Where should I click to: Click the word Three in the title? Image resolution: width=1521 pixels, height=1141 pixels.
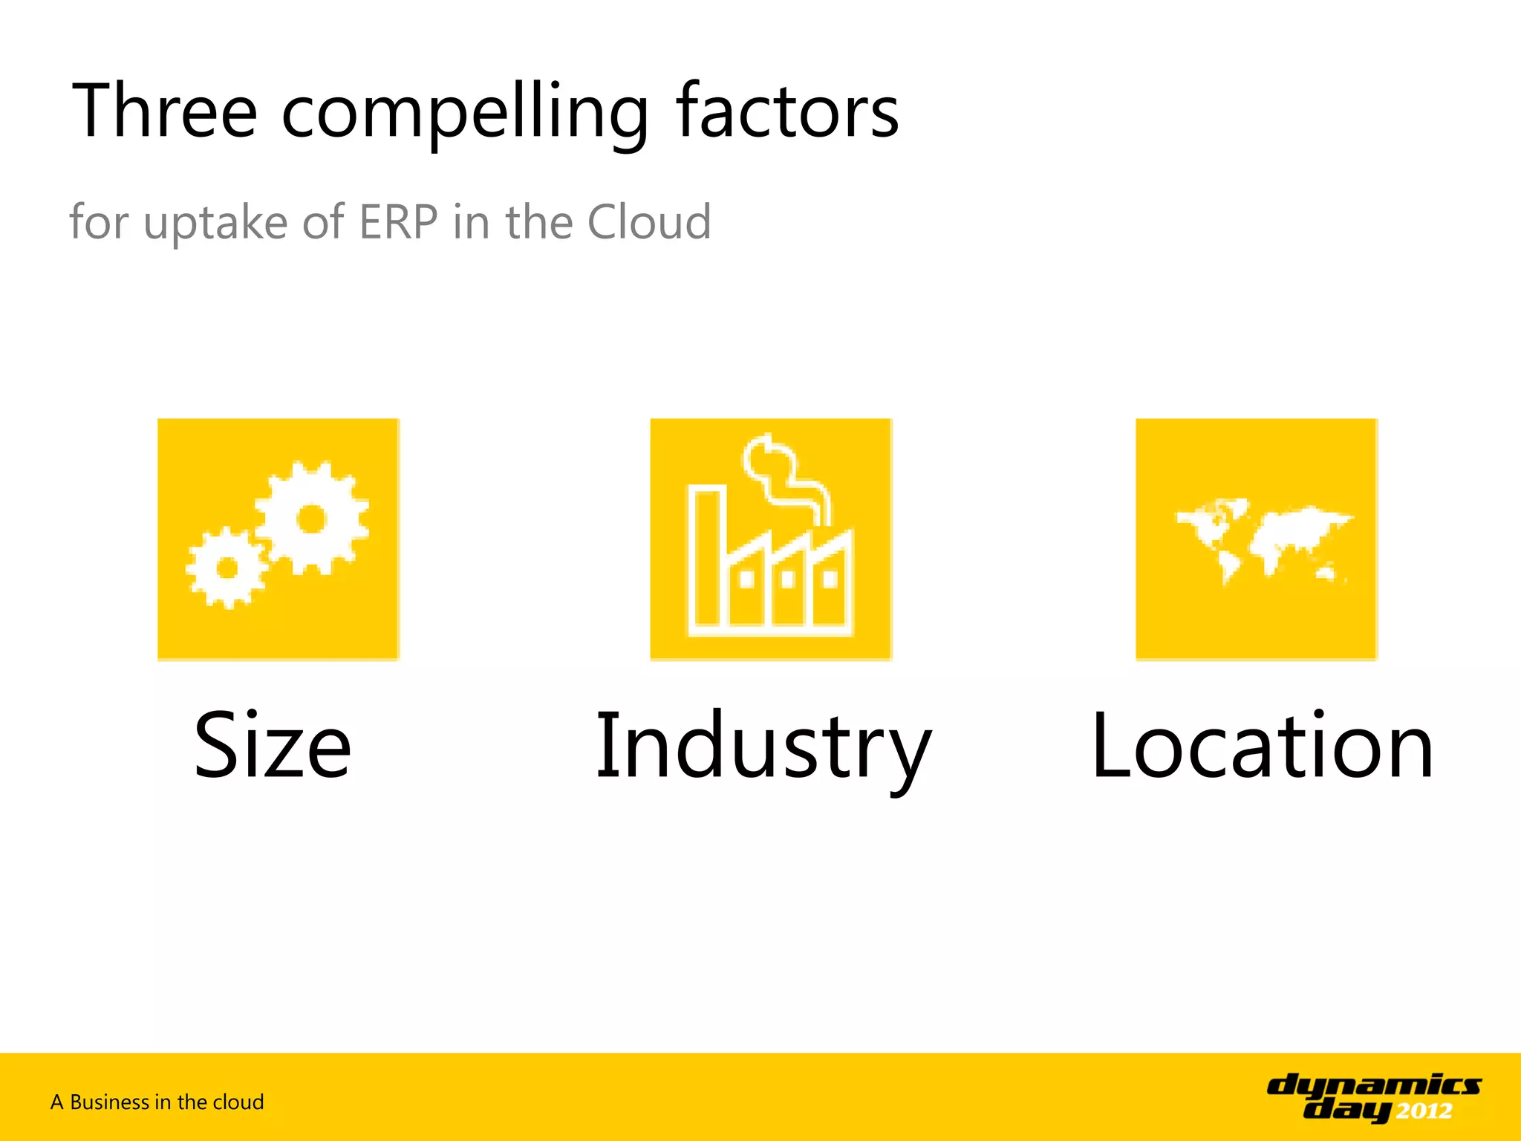point(164,111)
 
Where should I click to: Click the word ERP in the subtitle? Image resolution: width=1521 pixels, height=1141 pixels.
point(398,222)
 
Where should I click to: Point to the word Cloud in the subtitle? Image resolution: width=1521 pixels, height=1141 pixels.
point(648,222)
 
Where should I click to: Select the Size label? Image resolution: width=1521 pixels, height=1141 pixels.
point(273,745)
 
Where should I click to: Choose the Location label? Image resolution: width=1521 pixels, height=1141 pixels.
point(1263,745)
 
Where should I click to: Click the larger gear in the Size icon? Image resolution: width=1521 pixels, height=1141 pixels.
point(311,519)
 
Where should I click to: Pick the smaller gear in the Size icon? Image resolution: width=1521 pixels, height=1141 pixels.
point(227,568)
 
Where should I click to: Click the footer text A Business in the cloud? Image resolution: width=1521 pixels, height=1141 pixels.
point(157,1102)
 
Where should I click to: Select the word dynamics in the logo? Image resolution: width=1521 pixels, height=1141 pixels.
point(1374,1086)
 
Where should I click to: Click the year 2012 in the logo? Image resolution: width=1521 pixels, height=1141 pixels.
point(1424,1111)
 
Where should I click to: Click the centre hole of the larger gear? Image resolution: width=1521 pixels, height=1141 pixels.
point(311,519)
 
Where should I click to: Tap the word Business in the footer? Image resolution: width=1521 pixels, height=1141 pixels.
point(109,1102)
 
